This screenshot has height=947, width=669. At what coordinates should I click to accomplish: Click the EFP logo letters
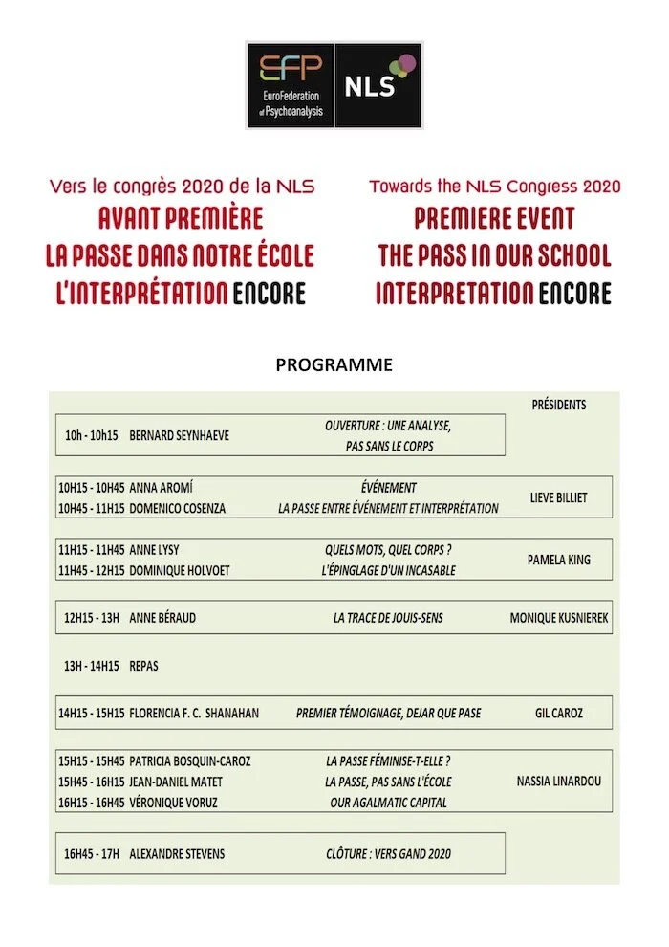291,69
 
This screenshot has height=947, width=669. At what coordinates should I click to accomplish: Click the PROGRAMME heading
334,364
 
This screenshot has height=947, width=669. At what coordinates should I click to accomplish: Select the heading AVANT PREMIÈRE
181,218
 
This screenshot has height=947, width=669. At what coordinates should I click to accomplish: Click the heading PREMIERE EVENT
494,218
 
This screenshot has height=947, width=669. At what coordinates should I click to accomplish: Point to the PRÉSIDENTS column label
559,405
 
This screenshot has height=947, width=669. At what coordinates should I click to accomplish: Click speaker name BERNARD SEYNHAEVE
179,435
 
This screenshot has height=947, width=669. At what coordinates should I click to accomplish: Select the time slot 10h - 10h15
91,435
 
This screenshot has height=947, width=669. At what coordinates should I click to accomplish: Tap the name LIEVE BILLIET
559,498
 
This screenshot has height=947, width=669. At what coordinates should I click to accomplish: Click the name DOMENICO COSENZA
178,509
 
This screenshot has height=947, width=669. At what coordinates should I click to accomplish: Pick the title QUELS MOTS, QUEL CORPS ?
388,550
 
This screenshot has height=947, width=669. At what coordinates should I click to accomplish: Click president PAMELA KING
559,561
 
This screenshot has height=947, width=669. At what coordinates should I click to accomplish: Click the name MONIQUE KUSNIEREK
559,618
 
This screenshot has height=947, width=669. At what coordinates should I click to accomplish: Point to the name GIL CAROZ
559,713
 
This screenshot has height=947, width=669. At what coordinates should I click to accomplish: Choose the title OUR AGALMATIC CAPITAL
388,803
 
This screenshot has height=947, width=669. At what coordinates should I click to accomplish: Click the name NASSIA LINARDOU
559,782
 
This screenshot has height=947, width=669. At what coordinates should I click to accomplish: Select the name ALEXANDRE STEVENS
177,853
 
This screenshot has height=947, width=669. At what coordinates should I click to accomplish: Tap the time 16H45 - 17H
91,853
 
